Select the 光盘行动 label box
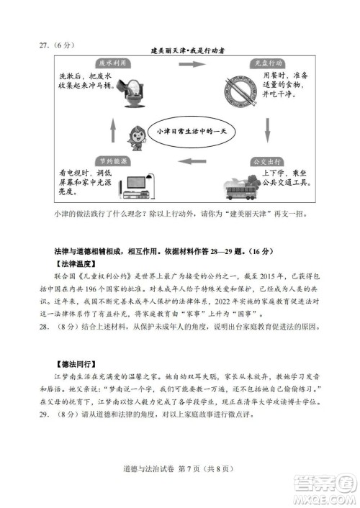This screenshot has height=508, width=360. click(267, 63)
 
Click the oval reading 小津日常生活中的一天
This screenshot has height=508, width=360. click(190, 132)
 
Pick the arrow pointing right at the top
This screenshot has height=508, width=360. click(190, 64)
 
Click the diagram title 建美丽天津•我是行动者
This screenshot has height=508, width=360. click(189, 50)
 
